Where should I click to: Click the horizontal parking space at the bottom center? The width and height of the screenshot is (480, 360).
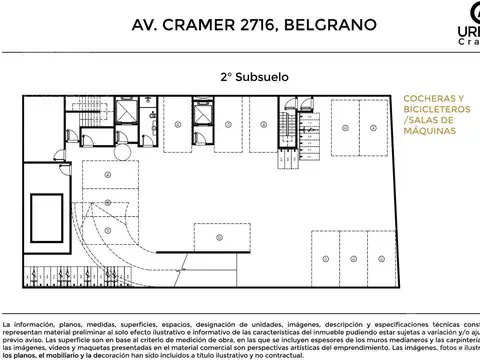pos(222,237)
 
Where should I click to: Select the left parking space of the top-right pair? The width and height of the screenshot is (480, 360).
pos(345,129)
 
